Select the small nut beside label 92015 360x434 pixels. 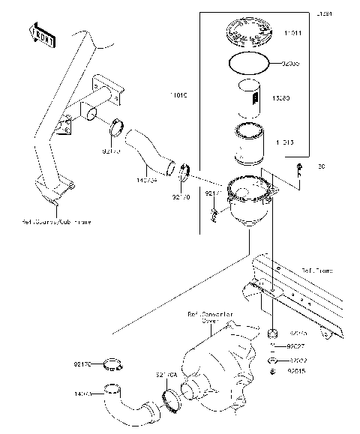274,371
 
